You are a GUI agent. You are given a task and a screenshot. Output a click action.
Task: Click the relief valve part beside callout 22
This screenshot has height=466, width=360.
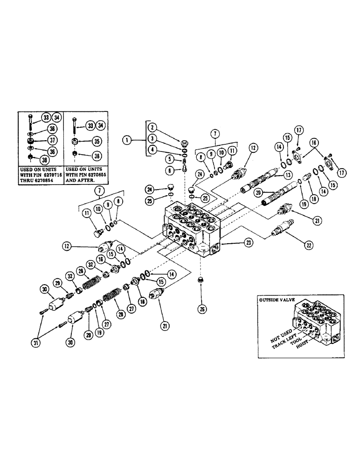pyautogui.click(x=279, y=231)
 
